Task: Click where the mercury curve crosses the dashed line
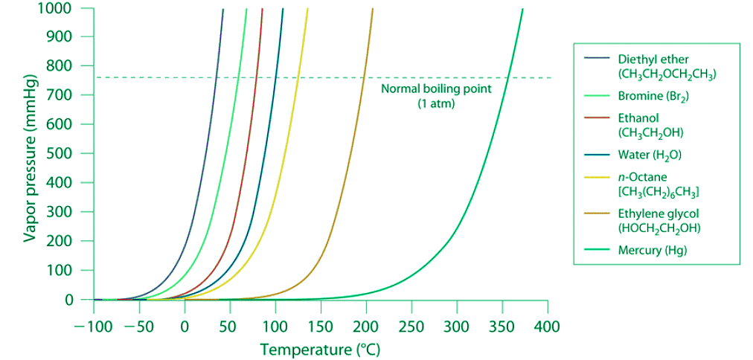[x=508, y=77]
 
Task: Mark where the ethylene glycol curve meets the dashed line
[x=365, y=77]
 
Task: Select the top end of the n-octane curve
[x=308, y=9]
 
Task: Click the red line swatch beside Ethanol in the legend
[x=596, y=118]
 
